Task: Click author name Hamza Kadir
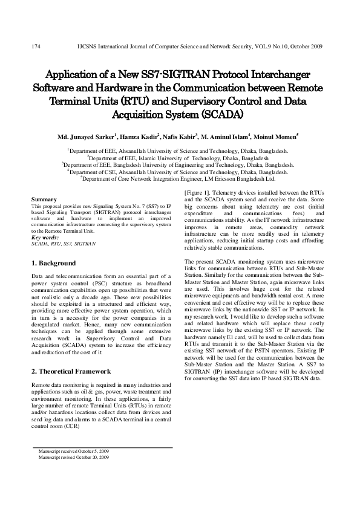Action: coord(140,137)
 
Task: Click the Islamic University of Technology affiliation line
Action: coord(179,157)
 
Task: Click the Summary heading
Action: coord(44,199)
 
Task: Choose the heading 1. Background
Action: coord(54,264)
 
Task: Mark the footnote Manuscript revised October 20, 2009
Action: coord(73,458)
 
